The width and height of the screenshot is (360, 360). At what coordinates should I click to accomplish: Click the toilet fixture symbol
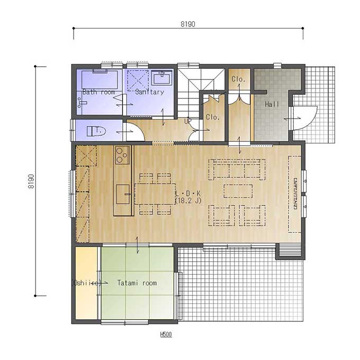point(96,131)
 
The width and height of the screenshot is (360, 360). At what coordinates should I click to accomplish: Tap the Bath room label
point(98,92)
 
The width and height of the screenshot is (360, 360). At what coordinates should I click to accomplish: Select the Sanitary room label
point(149,92)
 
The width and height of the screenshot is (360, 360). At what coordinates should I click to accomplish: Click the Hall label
point(272,104)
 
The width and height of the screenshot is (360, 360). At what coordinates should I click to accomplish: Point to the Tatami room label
point(137,283)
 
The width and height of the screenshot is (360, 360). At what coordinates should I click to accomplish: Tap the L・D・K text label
point(187,194)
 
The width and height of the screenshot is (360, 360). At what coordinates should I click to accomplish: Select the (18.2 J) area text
point(188,201)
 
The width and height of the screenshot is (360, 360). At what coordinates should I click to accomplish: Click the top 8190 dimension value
point(188,24)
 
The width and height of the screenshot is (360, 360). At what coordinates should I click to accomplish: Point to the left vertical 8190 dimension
point(31,182)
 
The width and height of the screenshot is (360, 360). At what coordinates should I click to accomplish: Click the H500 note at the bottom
point(166,334)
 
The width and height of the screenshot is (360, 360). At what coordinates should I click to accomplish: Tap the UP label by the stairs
point(188,121)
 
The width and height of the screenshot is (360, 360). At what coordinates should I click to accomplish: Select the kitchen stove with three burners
point(122,155)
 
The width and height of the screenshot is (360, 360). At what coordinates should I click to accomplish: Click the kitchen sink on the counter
point(123,194)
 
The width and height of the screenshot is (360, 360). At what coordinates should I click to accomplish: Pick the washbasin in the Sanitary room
point(161,78)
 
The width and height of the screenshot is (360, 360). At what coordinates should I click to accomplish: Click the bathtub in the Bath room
point(100,79)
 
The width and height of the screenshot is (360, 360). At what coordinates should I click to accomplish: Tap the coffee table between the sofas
point(238,191)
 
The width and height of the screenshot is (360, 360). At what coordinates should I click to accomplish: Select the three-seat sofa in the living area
point(237,169)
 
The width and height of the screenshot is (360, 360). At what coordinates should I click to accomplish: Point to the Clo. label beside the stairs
point(213,118)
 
